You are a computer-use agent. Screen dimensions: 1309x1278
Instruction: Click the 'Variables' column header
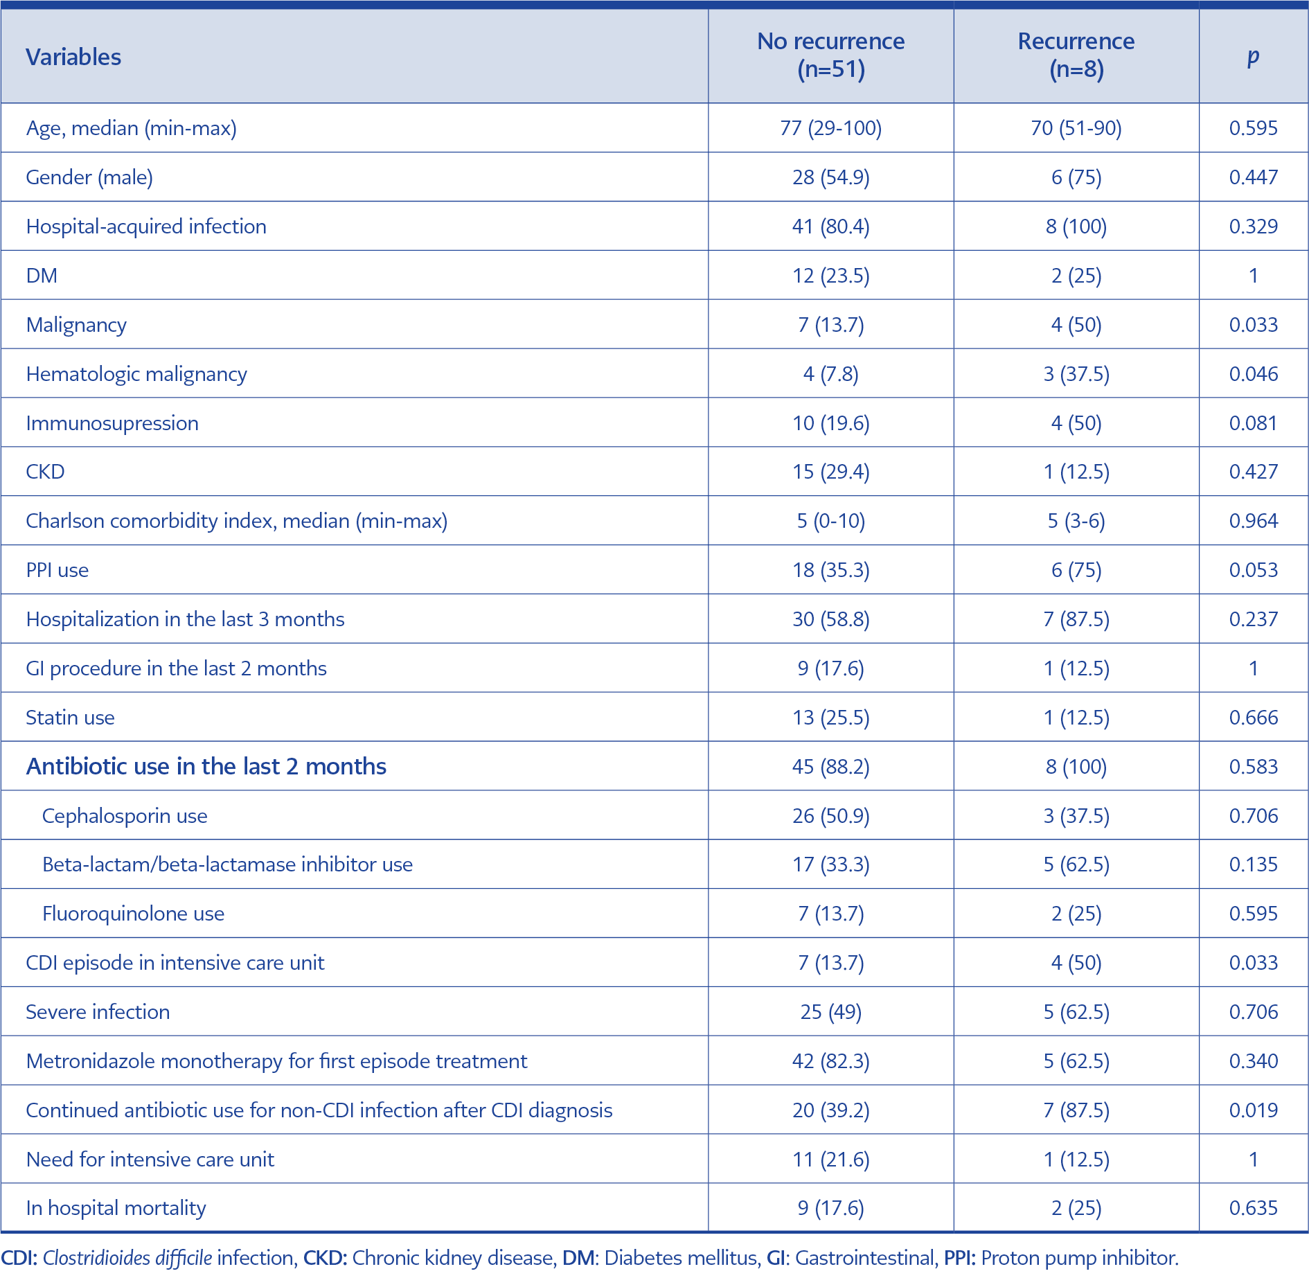click(x=73, y=57)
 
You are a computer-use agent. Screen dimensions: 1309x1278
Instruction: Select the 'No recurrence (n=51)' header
click(x=831, y=55)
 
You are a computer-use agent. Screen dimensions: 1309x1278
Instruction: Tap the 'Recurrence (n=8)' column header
click(x=1076, y=55)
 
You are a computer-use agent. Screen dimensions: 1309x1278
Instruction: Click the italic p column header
click(x=1253, y=57)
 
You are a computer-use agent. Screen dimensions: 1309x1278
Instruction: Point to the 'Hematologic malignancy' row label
click(x=136, y=374)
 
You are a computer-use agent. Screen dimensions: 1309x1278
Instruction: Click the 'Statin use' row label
click(x=70, y=718)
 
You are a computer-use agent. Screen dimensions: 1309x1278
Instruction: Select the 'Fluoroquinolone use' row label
click(x=133, y=914)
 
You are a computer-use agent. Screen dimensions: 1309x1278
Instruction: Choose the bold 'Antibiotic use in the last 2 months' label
click(x=206, y=767)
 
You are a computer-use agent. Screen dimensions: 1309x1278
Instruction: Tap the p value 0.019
click(x=1253, y=1110)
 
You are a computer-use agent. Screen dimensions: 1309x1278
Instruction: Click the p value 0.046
click(x=1253, y=374)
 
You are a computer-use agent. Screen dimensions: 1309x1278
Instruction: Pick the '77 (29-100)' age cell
click(x=831, y=128)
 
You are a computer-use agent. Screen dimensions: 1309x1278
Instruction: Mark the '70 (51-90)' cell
click(x=1076, y=128)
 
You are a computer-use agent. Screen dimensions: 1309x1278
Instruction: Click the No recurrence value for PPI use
click(x=831, y=570)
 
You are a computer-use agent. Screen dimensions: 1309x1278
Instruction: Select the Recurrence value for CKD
click(x=1076, y=472)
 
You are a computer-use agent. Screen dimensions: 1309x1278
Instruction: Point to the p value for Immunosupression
click(x=1253, y=423)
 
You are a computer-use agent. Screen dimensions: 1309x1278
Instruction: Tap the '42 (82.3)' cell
click(x=831, y=1061)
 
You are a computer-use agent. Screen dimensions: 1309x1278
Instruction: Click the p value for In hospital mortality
click(x=1253, y=1208)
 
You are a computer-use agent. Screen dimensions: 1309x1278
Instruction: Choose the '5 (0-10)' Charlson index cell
click(x=831, y=521)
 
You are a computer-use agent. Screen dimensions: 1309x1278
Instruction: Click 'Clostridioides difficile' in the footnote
click(x=127, y=1258)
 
